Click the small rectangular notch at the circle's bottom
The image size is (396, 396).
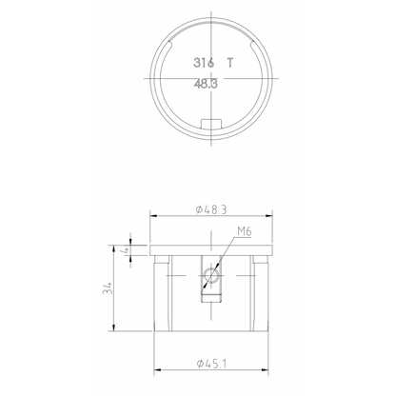(212, 124)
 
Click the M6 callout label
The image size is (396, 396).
(242, 231)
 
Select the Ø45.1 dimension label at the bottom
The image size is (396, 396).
(209, 362)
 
